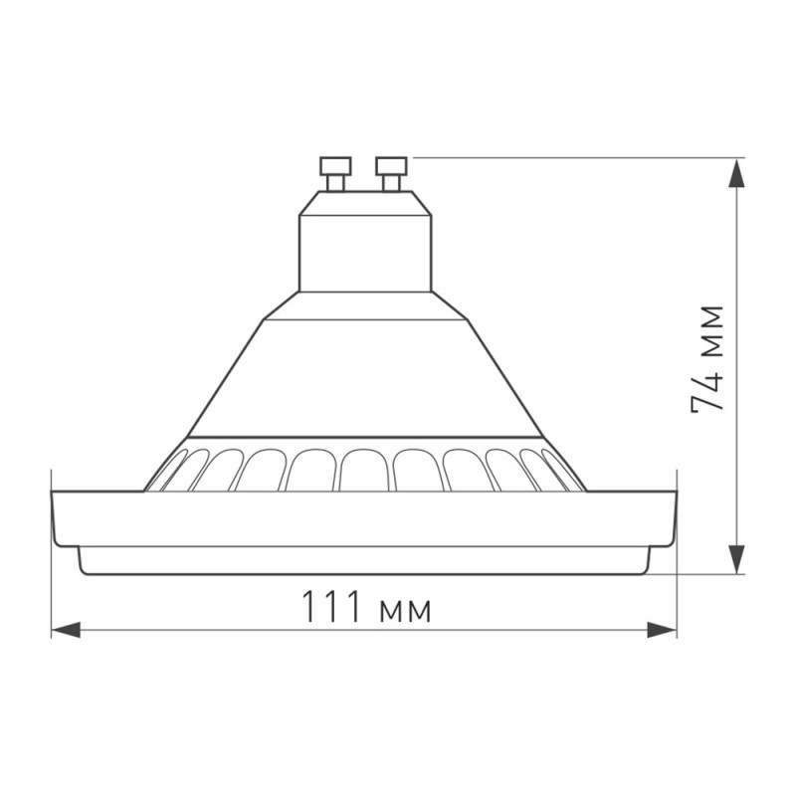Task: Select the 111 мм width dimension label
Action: tap(365, 607)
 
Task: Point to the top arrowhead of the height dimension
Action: tap(736, 174)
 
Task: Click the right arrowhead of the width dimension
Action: tap(662, 629)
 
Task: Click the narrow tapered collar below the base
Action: tap(365, 306)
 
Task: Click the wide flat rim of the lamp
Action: tap(365, 517)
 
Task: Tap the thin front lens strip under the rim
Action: tap(365, 561)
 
